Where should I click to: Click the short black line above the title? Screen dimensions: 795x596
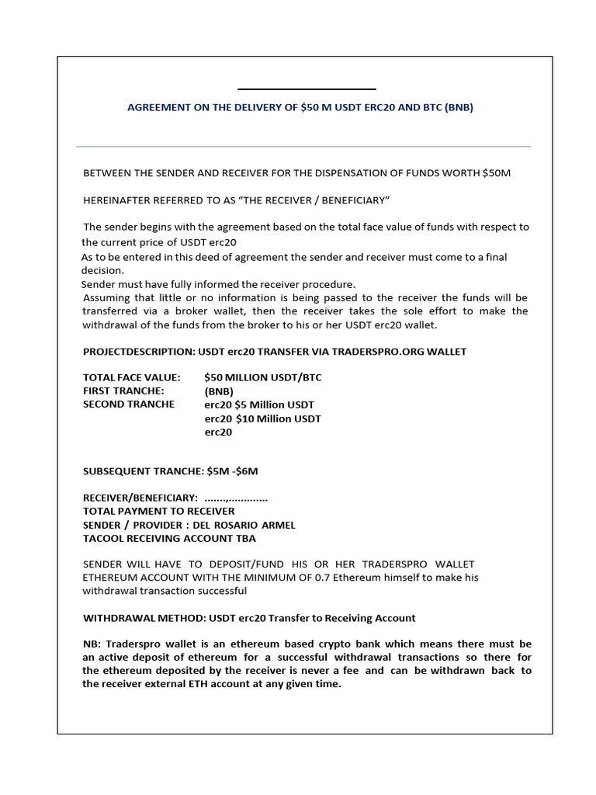coord(307,89)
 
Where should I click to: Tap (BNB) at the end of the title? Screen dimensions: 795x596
coord(459,108)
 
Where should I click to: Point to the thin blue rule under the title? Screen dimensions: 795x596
coord(303,146)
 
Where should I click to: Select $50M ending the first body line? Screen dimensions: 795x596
coord(497,172)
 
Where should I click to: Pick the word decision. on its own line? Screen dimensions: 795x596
coord(102,271)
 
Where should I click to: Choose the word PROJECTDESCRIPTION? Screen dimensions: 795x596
coord(139,352)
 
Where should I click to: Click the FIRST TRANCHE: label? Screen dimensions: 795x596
coord(123,391)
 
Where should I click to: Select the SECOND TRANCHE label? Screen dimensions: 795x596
coord(128,404)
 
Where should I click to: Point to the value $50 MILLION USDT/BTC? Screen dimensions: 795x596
coord(263,377)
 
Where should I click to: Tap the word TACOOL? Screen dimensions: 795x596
coord(102,538)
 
